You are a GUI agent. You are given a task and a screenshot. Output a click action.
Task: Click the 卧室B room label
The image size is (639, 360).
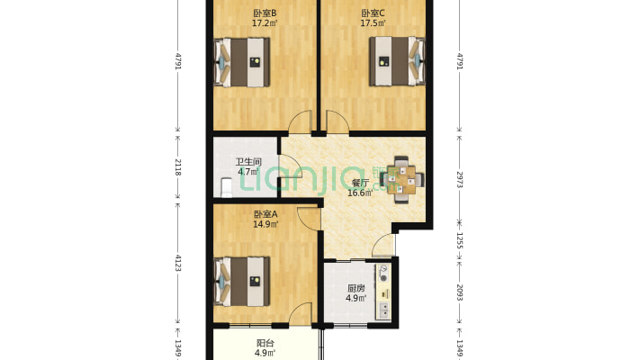pyautogui.click(x=265, y=13)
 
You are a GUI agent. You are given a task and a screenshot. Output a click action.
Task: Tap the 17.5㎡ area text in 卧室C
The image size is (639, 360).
pyautogui.click(x=373, y=23)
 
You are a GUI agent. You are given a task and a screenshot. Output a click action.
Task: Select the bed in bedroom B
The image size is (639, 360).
pyautogui.click(x=242, y=62)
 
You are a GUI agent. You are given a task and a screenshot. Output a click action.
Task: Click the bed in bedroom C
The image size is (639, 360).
pyautogui.click(x=397, y=61)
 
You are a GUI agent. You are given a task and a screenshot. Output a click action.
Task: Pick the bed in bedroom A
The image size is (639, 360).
pyautogui.click(x=242, y=282)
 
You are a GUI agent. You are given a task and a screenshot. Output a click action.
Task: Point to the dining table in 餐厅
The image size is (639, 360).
pyautogui.click(x=402, y=179)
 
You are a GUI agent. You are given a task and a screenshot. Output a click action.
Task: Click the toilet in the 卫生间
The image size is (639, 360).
pyautogui.click(x=226, y=187)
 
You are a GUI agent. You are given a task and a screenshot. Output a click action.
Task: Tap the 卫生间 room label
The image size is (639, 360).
pyautogui.click(x=248, y=162)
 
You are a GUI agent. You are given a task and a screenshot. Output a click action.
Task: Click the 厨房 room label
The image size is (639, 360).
pyautogui.click(x=355, y=288)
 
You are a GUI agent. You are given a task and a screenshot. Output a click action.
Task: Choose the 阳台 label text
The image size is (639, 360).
pyautogui.click(x=265, y=343)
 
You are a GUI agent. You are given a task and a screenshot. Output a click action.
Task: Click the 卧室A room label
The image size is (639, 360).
pyautogui.click(x=265, y=214)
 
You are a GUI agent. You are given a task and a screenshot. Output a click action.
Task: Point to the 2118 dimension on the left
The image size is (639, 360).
pyautogui.click(x=177, y=167)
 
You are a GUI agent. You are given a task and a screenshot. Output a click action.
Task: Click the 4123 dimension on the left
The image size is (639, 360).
pyautogui.click(x=177, y=263)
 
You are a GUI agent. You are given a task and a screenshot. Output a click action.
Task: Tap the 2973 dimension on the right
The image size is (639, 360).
pyautogui.click(x=460, y=179)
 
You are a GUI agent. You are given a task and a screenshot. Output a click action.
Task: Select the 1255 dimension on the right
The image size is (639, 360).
pyautogui.click(x=460, y=240)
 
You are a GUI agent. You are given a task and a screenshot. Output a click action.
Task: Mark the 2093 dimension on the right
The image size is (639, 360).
pyautogui.click(x=460, y=292)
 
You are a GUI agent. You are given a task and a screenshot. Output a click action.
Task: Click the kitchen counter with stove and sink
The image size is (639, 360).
pyautogui.click(x=383, y=291)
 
